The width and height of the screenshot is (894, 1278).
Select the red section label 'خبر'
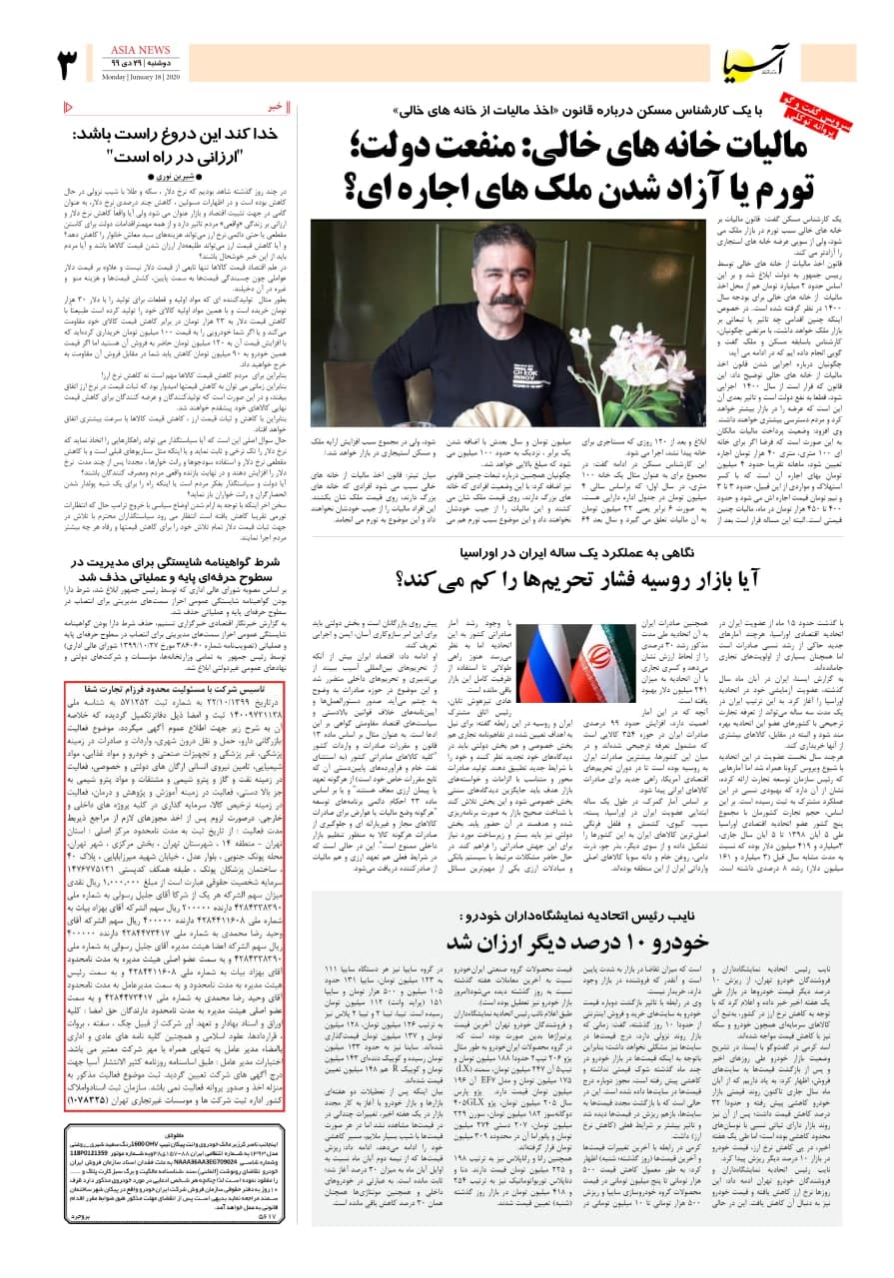[277, 106]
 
